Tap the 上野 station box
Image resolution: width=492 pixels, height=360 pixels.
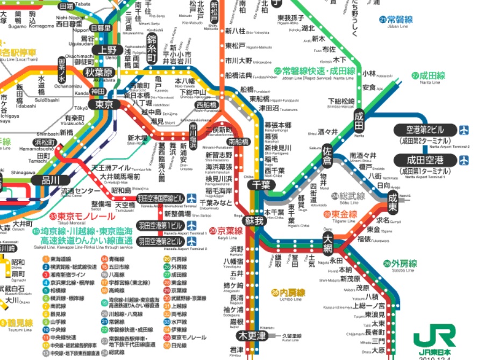[104, 50]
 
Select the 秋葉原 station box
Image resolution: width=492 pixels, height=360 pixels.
[101, 73]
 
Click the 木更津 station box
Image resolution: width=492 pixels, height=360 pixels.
[252, 336]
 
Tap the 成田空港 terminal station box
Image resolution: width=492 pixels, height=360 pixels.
[425, 160]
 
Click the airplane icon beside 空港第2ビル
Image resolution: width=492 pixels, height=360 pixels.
[464, 129]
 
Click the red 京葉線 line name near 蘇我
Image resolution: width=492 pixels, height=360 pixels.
[230, 231]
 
